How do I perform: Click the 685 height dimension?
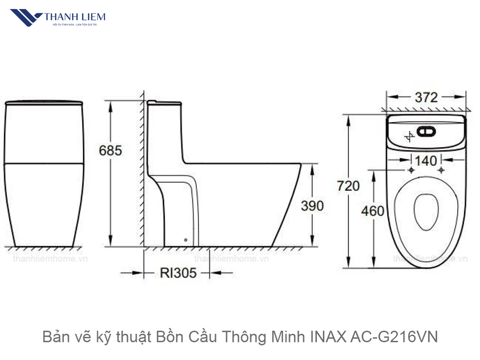(110, 150)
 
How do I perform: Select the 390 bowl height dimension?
(312, 205)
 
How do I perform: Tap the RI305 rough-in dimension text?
(178, 273)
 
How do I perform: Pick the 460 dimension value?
(372, 211)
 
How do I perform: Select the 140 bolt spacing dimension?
(426, 160)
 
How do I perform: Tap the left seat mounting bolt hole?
(411, 171)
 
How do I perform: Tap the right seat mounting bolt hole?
(441, 171)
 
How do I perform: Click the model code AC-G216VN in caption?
(393, 337)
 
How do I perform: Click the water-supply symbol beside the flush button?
(410, 136)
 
